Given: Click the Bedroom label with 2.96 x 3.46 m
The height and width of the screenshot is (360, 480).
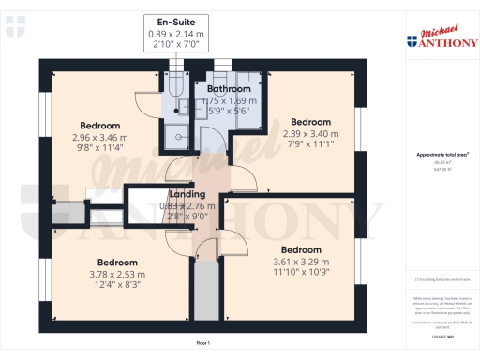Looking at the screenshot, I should [99, 125].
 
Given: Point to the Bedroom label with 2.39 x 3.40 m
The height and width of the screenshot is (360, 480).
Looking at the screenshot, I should [310, 122].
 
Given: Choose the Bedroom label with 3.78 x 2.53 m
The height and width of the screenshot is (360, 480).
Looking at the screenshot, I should [118, 262].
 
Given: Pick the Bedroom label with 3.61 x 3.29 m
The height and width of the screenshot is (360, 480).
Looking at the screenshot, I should [302, 249].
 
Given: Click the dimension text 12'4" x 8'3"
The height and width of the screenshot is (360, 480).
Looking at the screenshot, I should [118, 284].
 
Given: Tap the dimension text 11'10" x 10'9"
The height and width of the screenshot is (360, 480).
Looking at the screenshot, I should [302, 271].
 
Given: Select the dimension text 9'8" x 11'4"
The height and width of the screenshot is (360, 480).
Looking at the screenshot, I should [99, 146].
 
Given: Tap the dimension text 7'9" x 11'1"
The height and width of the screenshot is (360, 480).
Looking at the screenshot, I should [310, 143].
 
